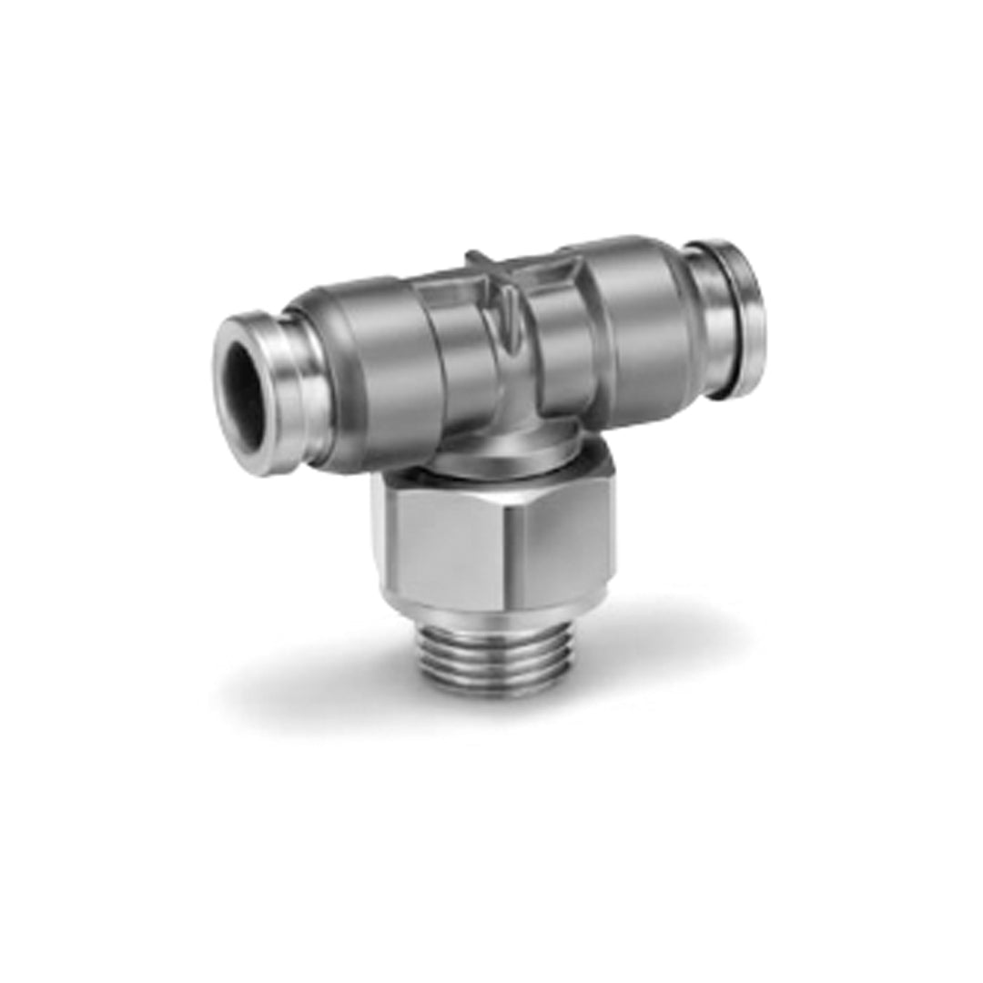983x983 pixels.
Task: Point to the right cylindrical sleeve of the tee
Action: (x=637, y=319)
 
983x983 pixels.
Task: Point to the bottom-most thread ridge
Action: (x=496, y=687)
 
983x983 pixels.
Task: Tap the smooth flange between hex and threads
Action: (x=496, y=610)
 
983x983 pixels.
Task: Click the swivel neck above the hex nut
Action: (x=491, y=455)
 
